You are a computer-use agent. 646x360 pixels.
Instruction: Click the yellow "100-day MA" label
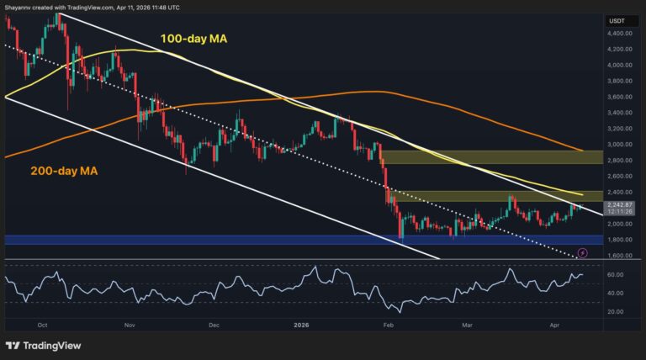(x=195, y=37)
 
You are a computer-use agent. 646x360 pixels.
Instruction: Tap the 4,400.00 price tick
(x=620, y=34)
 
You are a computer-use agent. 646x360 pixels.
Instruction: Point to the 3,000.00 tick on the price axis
(x=620, y=144)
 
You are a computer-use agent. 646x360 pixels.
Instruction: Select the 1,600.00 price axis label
(x=620, y=255)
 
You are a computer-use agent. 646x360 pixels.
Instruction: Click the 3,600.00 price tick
(x=620, y=97)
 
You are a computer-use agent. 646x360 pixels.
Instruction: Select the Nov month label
(x=130, y=323)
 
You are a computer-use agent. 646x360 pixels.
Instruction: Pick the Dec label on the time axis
(x=214, y=323)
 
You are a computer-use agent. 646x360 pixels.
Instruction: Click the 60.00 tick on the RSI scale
(x=618, y=275)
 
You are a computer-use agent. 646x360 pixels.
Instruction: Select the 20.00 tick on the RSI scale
(x=618, y=311)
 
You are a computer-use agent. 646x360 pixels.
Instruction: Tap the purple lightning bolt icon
(x=581, y=252)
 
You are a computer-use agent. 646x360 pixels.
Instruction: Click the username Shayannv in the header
(x=23, y=7)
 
